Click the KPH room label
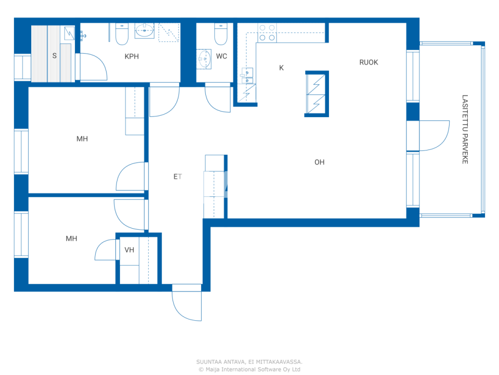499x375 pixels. point(131,56)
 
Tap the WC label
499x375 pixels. point(221,56)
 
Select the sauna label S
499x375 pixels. point(55,56)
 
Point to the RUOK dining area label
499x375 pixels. point(368,62)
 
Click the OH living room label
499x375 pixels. point(319,162)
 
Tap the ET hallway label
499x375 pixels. point(177,177)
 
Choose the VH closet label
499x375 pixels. point(129,250)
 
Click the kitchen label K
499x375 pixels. point(281,68)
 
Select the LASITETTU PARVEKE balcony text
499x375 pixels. point(465,129)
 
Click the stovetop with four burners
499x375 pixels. point(267,33)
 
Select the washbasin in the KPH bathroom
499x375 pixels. point(144,30)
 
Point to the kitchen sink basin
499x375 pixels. point(247,76)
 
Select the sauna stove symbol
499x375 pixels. point(69,33)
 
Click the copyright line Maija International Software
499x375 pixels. point(249,370)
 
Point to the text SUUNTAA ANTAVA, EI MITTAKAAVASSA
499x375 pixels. point(249,362)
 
